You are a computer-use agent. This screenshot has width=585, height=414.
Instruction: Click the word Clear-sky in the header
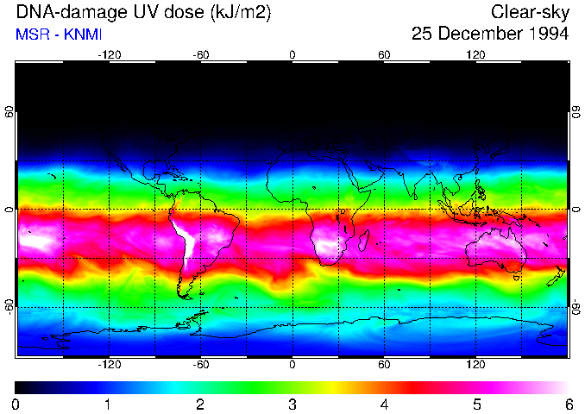click(x=530, y=13)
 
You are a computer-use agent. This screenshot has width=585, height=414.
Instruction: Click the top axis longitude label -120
click(x=109, y=55)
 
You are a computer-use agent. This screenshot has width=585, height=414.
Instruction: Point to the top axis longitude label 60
click(x=384, y=55)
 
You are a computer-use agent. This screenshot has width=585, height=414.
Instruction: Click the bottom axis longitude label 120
click(x=476, y=364)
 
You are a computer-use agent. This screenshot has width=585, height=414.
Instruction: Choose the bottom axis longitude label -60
click(x=200, y=364)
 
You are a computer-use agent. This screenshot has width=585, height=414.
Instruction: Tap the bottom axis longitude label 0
click(x=292, y=364)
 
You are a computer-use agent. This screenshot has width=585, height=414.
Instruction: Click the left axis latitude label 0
click(x=9, y=210)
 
